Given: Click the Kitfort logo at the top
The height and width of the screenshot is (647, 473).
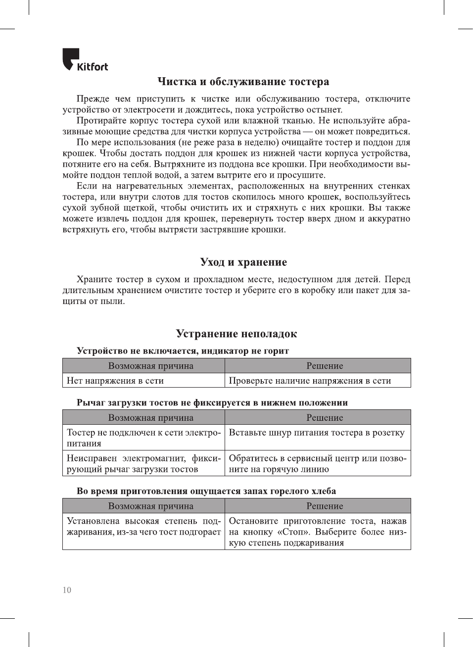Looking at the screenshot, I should click(x=85, y=60).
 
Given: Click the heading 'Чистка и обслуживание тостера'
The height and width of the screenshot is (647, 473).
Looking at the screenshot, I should click(x=243, y=82).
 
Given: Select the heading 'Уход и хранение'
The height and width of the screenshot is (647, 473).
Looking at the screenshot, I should click(x=243, y=262).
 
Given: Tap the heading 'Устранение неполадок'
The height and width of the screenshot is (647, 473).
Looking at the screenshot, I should click(x=236, y=334).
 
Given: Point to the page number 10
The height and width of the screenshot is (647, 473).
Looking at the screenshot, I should click(x=67, y=590).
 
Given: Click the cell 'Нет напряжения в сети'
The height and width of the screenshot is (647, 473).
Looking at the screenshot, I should click(x=115, y=381).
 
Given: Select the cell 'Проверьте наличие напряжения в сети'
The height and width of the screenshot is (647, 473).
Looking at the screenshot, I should click(x=310, y=381).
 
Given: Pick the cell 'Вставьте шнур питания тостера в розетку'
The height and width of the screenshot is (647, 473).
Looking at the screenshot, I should click(x=317, y=433).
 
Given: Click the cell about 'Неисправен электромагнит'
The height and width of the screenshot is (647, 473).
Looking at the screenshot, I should click(x=143, y=464).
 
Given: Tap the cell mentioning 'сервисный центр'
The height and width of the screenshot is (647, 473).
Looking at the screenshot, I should click(x=317, y=464).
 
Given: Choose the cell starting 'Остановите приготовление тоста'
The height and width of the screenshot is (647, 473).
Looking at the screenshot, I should click(x=317, y=532).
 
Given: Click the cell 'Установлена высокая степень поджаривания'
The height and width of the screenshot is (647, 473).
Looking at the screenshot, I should click(x=143, y=527).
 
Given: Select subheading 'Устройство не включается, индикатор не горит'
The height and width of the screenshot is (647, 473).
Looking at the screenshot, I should click(x=183, y=351).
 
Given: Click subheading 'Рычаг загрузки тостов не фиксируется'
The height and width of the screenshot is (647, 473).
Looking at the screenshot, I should click(x=212, y=402).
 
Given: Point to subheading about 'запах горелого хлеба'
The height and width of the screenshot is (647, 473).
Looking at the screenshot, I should click(x=206, y=491).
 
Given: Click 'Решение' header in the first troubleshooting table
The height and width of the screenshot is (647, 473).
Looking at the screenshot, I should click(x=325, y=366).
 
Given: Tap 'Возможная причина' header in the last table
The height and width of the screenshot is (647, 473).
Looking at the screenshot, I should click(x=150, y=506).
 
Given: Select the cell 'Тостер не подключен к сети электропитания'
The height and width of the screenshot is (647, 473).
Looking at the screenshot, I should click(x=143, y=438).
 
